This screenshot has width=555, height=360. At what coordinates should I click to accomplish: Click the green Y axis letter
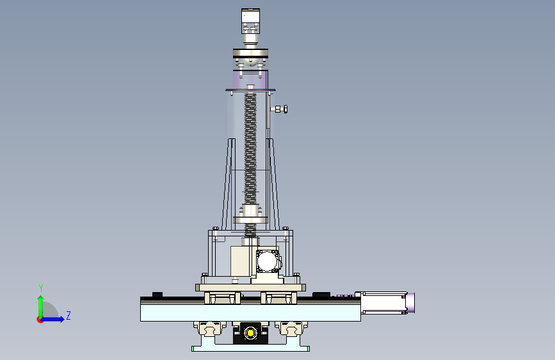coord(41,288)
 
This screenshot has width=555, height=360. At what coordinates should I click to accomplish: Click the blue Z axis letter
coord(68,315)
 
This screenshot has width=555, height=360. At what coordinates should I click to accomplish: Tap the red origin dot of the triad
coord(40,320)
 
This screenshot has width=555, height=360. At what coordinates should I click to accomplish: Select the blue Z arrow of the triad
coord(52,319)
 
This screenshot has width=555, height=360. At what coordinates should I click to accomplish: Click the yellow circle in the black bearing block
coord(250,333)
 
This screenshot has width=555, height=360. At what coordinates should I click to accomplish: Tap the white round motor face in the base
coord(267,261)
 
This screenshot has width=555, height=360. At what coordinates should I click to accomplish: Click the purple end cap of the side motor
coord(410,302)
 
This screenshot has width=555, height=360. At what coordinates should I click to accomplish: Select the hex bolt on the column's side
coord(282,109)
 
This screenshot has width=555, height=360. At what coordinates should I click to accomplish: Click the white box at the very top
coord(250,16)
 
